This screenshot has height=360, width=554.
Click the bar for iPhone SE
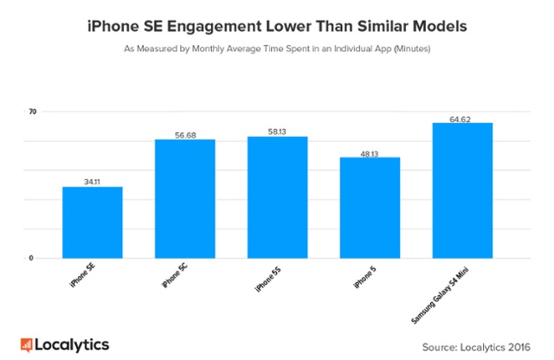click(92, 222)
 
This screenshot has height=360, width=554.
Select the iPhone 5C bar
click(184, 199)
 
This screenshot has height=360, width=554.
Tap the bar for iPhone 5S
click(277, 197)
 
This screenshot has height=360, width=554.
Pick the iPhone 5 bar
click(370, 208)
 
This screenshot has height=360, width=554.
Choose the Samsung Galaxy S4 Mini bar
click(462, 190)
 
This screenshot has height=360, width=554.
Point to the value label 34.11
click(93, 182)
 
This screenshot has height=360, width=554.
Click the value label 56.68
click(184, 134)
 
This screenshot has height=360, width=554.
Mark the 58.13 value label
click(277, 132)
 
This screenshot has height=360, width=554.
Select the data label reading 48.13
click(370, 152)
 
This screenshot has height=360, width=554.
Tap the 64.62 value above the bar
click(462, 118)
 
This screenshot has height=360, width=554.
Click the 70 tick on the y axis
click(32, 112)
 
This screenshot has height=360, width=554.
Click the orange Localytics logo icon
click(26, 344)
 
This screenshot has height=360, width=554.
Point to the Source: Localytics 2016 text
click(476, 346)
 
